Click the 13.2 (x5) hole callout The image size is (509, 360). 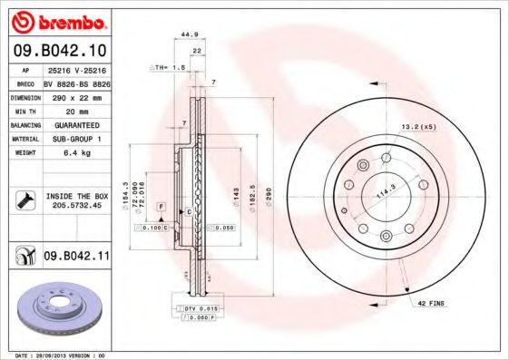coord(418,126)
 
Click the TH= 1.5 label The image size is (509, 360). coord(167,67)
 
